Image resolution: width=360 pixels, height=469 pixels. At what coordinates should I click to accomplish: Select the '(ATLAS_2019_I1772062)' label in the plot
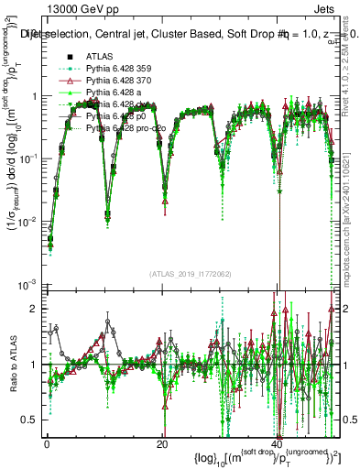point(191,275)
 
